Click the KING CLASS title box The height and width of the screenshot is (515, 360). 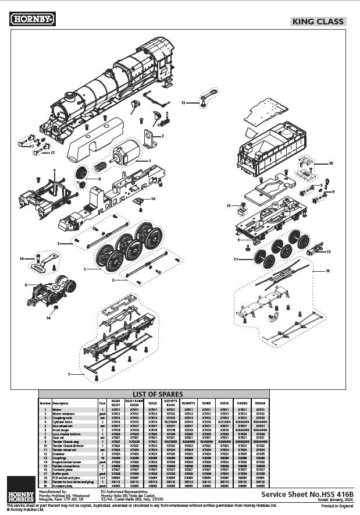[x=318, y=22]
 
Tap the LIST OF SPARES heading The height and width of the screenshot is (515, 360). [x=158, y=394]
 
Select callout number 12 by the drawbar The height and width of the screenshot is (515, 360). [x=182, y=102]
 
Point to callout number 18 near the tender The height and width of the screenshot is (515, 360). [x=331, y=164]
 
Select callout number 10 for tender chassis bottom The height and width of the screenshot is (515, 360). [x=327, y=271]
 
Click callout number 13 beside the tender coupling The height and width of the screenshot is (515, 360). [x=329, y=251]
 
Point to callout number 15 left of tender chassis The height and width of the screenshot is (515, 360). [x=229, y=205]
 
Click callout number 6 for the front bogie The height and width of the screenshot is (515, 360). [x=26, y=285]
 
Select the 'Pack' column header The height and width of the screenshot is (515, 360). [x=102, y=402]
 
